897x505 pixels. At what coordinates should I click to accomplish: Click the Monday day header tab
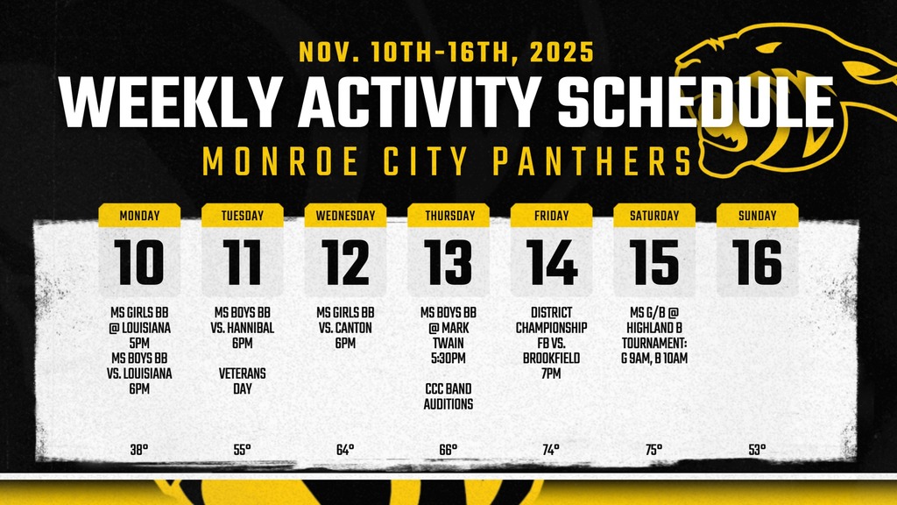(139, 216)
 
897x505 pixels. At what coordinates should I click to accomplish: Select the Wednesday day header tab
(345, 216)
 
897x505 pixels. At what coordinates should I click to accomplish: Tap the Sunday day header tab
(757, 216)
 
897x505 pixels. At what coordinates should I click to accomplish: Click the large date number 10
(139, 262)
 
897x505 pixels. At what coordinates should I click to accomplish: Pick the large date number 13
(448, 262)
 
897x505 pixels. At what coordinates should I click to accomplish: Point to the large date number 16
(757, 262)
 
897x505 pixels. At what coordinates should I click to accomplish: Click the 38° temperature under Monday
(139, 450)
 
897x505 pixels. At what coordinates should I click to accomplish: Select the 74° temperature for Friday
(551, 450)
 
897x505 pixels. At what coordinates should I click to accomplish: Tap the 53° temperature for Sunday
(757, 450)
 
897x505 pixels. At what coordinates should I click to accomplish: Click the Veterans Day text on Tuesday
(242, 381)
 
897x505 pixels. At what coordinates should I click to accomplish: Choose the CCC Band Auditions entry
(448, 396)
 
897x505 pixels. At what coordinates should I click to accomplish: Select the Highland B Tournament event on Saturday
(653, 335)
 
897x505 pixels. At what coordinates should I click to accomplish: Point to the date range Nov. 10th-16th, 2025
(447, 53)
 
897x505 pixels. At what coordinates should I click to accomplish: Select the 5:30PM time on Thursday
(448, 358)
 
